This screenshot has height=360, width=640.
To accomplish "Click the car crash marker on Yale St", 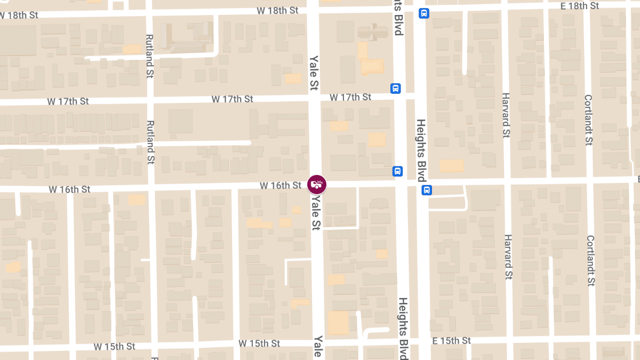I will tap(317, 185).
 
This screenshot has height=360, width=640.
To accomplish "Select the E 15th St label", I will tap(451, 341).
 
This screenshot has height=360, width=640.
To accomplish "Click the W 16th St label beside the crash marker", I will tap(281, 186).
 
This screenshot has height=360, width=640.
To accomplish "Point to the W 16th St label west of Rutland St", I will tap(69, 189).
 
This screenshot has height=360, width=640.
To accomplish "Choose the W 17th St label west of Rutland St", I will tap(68, 101).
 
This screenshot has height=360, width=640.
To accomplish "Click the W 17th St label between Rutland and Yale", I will tap(232, 99).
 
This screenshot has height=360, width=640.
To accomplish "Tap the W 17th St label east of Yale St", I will tap(350, 97).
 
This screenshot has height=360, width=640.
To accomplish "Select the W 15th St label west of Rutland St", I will tap(114, 346).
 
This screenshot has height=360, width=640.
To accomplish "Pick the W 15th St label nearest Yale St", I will tap(259, 343).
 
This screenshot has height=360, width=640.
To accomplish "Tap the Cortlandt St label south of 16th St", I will tap(590, 261).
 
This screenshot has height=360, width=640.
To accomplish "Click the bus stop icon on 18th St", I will tap(423, 13).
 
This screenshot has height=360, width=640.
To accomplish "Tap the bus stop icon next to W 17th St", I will tap(395, 88).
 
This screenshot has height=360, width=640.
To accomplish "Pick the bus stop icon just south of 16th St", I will tap(426, 190).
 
